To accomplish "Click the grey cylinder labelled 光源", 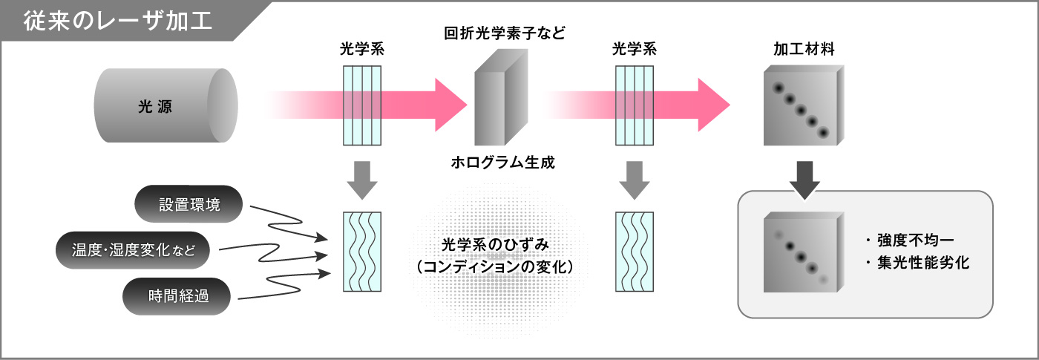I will pos(165,106).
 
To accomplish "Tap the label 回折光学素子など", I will pos(505,33).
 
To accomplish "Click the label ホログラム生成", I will pos(503,163).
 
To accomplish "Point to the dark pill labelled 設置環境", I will pos(189,204).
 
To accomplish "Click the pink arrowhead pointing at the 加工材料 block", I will pos(713,103).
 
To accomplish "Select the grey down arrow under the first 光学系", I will pos(362,180).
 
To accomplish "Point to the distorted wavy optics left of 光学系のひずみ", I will pos(362,252).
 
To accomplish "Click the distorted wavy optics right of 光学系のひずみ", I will pos(635,252).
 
